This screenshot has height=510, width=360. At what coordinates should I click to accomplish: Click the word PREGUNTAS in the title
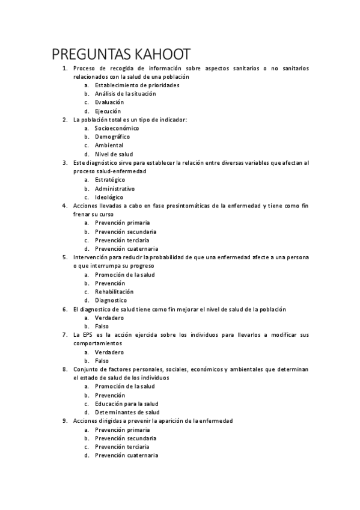coord(87,54)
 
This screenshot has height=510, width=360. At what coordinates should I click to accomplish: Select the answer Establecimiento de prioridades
coord(137,85)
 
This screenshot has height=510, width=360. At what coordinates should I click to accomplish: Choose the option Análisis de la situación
coord(125,94)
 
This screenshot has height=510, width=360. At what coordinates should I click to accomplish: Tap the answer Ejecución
coord(108,111)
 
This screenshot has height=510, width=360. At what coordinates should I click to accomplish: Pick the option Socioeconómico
coord(117,128)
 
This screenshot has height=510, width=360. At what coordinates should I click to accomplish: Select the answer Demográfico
coord(113,137)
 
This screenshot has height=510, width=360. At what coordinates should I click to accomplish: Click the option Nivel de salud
coord(114,154)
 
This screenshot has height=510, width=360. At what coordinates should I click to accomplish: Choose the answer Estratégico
coord(110,180)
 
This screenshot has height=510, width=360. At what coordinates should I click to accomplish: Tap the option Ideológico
coord(109,197)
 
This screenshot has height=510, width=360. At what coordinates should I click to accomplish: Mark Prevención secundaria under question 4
coord(126,232)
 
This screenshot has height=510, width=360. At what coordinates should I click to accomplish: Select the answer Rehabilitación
coord(114,292)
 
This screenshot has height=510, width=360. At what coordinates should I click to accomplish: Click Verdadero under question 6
coord(109,318)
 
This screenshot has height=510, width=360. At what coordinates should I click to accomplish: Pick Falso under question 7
coord(102,361)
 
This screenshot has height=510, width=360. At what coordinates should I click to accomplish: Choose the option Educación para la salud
coord(127,404)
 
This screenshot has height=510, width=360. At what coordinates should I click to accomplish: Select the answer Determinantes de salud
coord(127,413)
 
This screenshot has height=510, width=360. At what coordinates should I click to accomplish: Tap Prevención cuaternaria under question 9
coord(126,455)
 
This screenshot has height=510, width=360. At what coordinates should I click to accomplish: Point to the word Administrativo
coord(115,188)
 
